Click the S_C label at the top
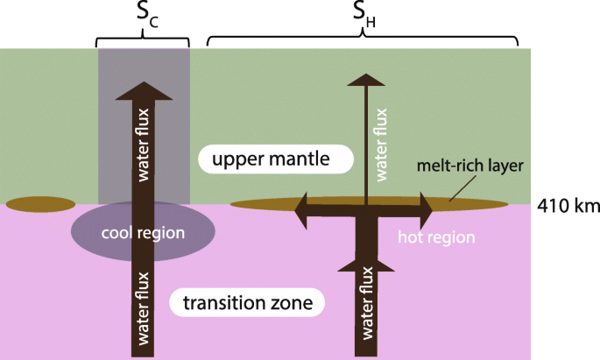[142, 15]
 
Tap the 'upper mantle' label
[275, 159]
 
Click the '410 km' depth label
[568, 207]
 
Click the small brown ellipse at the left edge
[40, 205]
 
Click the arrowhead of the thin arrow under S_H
[364, 80]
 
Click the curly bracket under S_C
[142, 40]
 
